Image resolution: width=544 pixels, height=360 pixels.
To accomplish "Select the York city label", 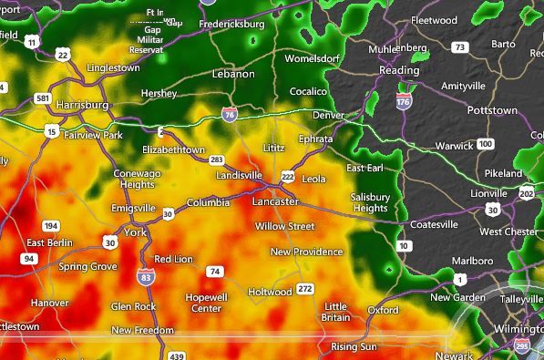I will point(135,231).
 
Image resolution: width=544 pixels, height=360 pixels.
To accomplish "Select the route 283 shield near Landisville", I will point(216,159).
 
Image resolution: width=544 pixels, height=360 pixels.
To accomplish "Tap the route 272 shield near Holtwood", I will point(305,289).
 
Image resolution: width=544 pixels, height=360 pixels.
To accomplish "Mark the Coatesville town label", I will point(433,224).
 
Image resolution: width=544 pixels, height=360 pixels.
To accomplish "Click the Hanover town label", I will point(49,303).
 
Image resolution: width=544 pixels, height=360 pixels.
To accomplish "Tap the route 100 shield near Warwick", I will point(486,144).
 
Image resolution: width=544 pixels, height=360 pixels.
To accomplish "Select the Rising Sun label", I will point(354,346).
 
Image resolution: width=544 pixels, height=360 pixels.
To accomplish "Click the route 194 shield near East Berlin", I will point(51,226).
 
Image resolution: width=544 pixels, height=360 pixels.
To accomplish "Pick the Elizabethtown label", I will point(173,149).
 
